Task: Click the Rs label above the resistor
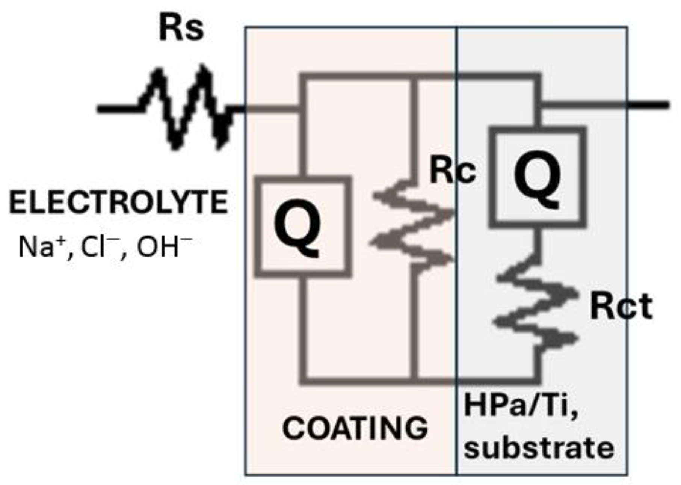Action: click(x=181, y=29)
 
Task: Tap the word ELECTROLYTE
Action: click(x=118, y=202)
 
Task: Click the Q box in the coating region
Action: click(x=303, y=227)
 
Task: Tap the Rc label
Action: click(x=453, y=171)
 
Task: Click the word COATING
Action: click(x=355, y=428)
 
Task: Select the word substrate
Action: click(x=539, y=447)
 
